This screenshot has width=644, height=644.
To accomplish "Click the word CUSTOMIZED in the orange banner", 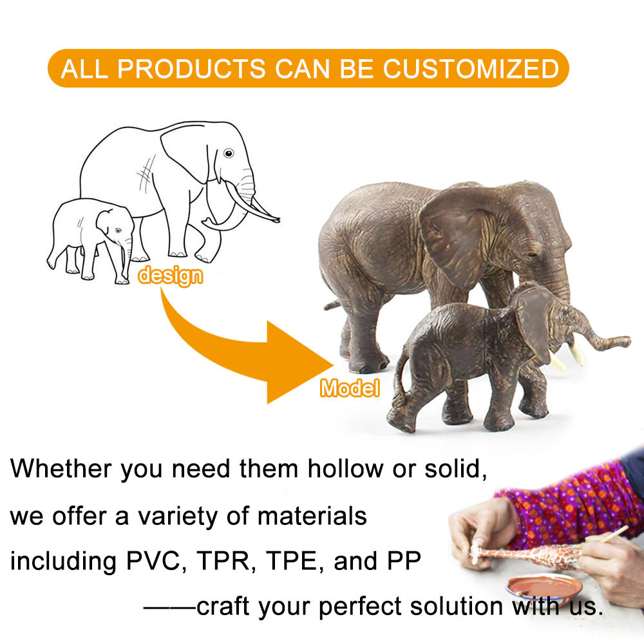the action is click(471, 69).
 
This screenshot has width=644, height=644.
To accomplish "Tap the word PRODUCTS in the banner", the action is click(191, 69).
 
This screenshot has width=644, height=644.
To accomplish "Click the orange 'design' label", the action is click(170, 276).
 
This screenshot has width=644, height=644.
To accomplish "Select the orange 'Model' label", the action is click(350, 388).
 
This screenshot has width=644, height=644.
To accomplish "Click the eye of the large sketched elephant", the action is click(229, 153).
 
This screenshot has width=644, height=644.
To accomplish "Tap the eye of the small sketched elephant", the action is click(118, 231).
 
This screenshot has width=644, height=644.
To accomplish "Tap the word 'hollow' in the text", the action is click(345, 469).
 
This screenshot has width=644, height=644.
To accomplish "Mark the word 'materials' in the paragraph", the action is click(312, 516).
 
